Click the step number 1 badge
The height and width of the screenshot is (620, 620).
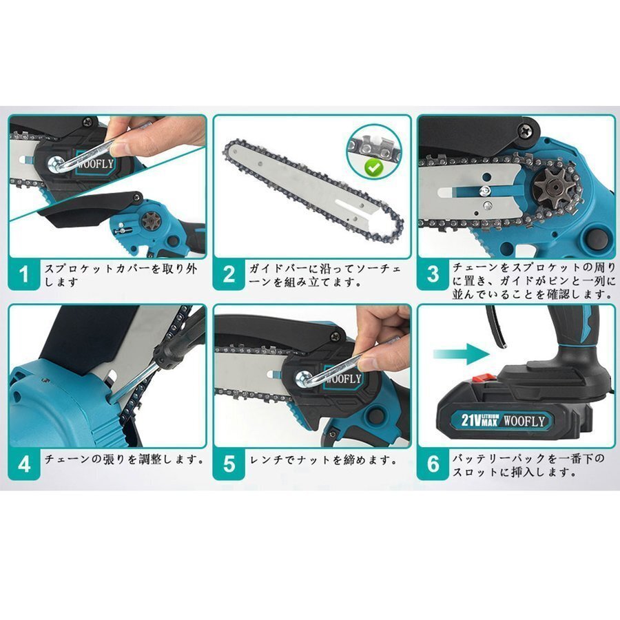click(x=24, y=274)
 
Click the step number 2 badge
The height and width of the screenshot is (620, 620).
click(x=229, y=274)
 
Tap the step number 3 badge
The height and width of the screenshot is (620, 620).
click(x=433, y=274)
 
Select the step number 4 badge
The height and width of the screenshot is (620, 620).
click(x=24, y=464)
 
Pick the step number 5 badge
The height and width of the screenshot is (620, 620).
click(x=229, y=464)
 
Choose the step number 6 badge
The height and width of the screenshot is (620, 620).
click(x=433, y=464)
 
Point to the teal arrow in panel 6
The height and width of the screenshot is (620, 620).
click(x=459, y=355)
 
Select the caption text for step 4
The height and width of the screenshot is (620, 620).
click(x=124, y=458)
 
